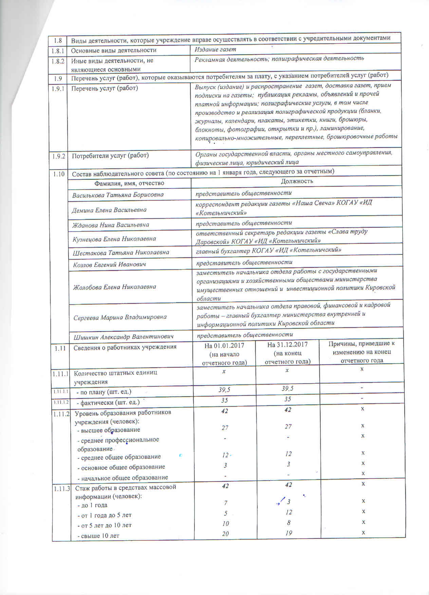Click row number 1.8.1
58,50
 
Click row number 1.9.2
59,156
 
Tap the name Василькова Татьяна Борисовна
118,195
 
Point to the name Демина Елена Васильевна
109,210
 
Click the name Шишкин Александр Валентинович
124,337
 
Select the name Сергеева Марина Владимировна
120,317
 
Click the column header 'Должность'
297,181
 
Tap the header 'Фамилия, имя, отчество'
129,183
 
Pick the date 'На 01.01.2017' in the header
224,345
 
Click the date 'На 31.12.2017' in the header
287,345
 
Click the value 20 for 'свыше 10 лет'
225,534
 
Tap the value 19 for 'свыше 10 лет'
288,533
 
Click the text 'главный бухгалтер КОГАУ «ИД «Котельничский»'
268,250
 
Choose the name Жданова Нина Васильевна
111,225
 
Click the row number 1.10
59,174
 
